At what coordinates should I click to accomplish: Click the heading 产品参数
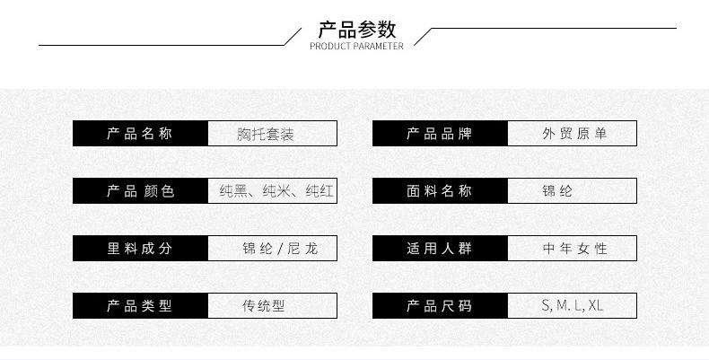(357, 30)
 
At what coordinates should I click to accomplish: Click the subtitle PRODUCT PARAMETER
(356, 47)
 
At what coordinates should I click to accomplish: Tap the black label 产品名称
(140, 134)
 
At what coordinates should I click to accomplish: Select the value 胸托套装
(266, 135)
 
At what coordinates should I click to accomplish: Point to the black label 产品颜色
(140, 191)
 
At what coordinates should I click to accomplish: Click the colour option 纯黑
(234, 191)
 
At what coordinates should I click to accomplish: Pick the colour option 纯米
(277, 191)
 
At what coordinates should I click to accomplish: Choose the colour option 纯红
(319, 191)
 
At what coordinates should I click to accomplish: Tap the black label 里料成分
(140, 249)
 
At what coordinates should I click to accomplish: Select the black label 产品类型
(140, 306)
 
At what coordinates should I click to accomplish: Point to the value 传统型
(263, 306)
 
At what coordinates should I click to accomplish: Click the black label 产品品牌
(440, 134)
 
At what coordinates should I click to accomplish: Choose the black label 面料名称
(440, 191)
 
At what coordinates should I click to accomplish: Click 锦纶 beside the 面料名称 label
(557, 191)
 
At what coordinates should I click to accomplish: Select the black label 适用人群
(440, 249)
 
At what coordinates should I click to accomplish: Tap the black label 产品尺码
(440, 306)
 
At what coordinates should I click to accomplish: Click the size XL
(596, 306)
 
